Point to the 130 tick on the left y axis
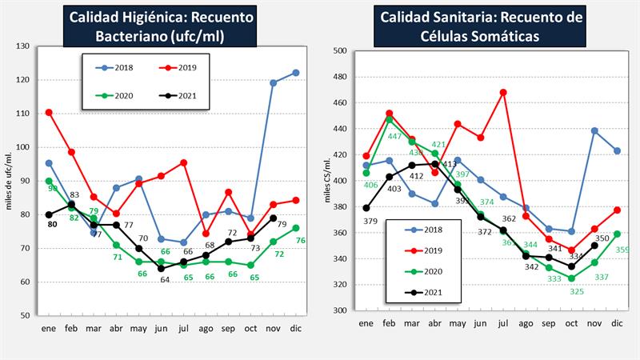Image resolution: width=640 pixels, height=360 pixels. tap(22, 46)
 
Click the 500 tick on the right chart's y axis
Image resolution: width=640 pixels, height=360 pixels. tap(339, 50)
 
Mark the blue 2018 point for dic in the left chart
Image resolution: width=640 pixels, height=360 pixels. tap(296, 73)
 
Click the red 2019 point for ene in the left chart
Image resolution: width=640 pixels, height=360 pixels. tap(49, 112)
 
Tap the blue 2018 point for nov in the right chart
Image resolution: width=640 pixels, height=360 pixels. tap(594, 130)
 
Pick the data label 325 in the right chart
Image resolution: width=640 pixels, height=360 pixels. tap(572, 292)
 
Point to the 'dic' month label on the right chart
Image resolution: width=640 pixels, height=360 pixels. tap(617, 323)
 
